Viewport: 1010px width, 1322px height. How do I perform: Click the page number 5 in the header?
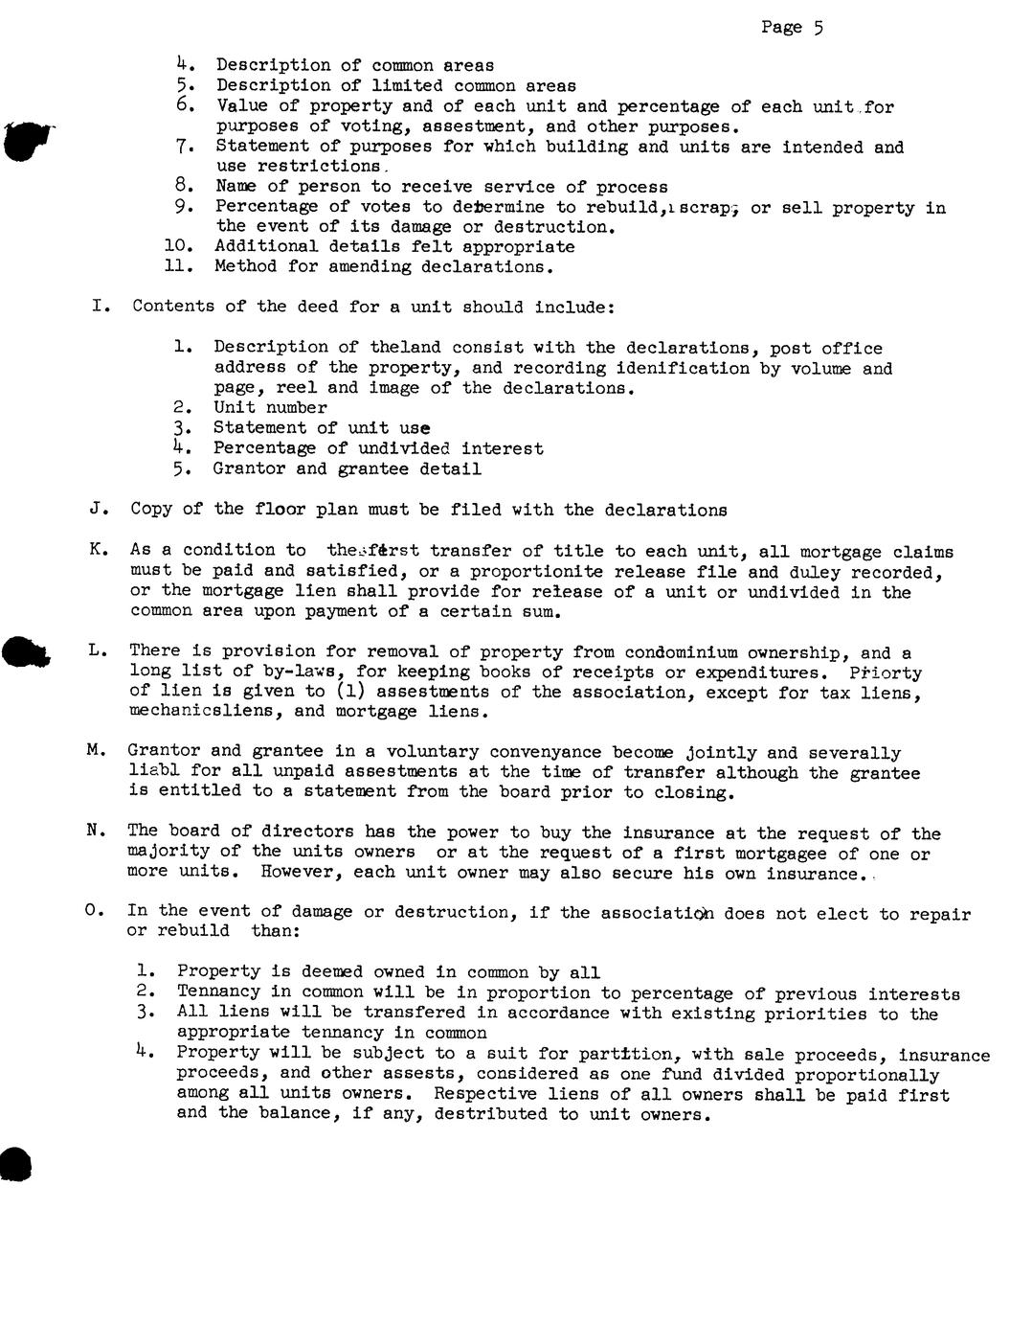(819, 28)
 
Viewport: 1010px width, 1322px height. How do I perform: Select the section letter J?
(95, 510)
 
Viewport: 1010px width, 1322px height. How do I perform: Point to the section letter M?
(95, 751)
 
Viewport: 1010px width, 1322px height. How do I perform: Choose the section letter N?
(95, 831)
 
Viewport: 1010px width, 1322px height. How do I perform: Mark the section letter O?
(93, 911)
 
